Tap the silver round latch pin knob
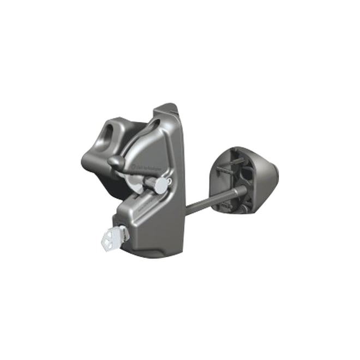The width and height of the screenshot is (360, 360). coord(160,185)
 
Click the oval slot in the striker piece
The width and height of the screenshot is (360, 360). coord(111,131)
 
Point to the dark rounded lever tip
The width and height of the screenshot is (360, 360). coord(114,161)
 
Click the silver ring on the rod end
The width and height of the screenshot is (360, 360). coord(239,190)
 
